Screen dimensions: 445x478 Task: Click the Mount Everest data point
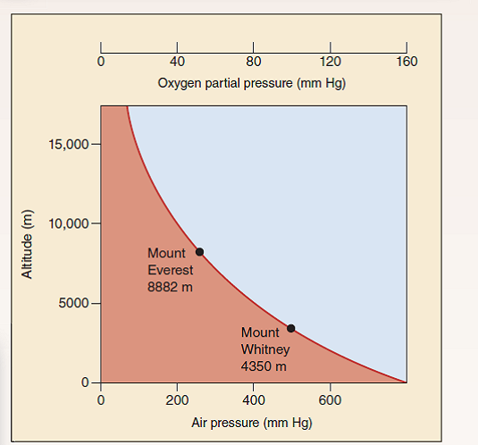pos(199,252)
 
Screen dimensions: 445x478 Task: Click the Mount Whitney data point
pos(290,328)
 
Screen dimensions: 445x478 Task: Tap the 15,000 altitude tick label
pos(68,144)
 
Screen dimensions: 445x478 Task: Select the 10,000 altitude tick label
pos(68,222)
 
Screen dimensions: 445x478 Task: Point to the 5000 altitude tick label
pos(71,303)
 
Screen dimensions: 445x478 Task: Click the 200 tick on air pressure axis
pos(177,399)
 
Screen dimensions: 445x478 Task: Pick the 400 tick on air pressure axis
pos(254,399)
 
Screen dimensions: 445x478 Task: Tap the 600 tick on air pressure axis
pos(330,399)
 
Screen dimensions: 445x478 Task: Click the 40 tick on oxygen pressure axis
pos(177,62)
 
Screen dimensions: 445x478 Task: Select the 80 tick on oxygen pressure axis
pos(254,62)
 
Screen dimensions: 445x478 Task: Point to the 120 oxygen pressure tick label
pos(330,62)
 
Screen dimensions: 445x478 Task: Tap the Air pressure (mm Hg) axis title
pos(252,422)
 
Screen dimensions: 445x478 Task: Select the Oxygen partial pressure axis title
pos(251,84)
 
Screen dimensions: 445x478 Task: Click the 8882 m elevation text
pos(170,287)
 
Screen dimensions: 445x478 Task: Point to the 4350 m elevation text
pos(264,365)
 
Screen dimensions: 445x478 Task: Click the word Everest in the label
pos(170,271)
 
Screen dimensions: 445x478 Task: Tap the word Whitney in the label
pos(265,348)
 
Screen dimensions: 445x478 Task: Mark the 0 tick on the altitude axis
pos(84,382)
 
